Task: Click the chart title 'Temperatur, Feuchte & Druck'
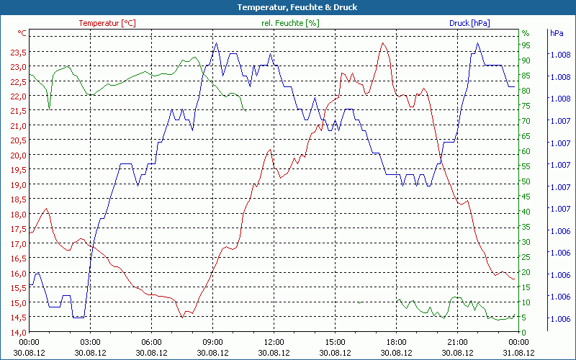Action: (288, 7)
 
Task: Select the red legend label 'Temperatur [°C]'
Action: (107, 23)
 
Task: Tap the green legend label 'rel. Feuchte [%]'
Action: (289, 23)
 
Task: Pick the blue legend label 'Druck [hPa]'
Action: (469, 23)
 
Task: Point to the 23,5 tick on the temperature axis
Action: (19, 53)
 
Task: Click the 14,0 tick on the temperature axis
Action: (19, 332)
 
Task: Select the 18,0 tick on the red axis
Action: (19, 214)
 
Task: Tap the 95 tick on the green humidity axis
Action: (526, 45)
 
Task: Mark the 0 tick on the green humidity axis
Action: (525, 332)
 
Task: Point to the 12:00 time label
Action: (274, 342)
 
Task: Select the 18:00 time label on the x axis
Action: (396, 342)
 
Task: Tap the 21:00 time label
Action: (457, 342)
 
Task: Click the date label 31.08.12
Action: (518, 353)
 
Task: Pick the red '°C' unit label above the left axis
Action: (22, 33)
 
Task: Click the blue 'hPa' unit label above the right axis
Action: (557, 33)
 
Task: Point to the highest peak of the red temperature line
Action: (383, 42)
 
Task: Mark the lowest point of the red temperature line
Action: (183, 317)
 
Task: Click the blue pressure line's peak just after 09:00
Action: (216, 43)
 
